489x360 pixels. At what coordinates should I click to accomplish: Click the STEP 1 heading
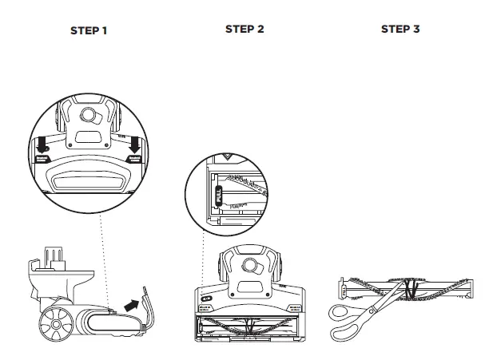click(x=88, y=31)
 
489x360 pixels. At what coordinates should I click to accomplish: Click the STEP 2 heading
click(x=245, y=29)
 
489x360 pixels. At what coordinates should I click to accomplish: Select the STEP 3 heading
click(x=400, y=29)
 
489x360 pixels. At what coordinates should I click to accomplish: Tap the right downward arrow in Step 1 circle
click(x=135, y=144)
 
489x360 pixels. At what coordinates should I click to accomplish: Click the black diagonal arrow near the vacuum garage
click(x=129, y=303)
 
